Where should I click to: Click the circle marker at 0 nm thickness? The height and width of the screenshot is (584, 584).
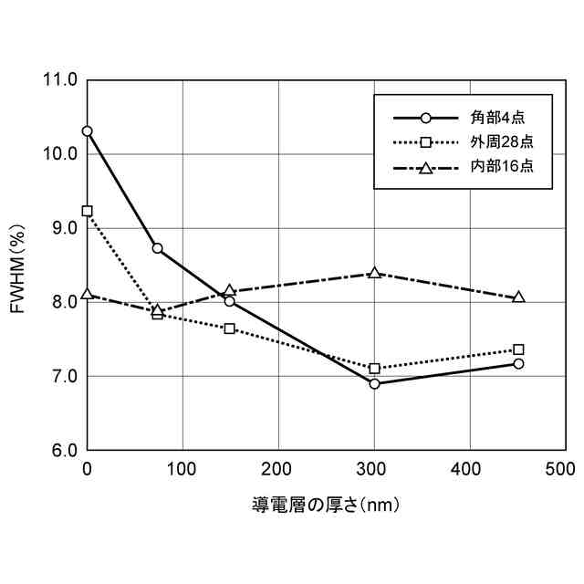point(88,131)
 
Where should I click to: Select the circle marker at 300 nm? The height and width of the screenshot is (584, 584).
point(374,383)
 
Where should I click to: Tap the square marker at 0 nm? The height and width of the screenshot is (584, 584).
point(88,211)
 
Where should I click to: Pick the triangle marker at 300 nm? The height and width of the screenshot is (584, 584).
point(374,273)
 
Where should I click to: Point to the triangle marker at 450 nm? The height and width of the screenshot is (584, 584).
point(518,297)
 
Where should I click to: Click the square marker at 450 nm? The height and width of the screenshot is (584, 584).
point(518,349)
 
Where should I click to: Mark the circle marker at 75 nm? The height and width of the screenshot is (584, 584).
point(158,248)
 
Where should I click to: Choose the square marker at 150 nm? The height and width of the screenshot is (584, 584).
point(230,328)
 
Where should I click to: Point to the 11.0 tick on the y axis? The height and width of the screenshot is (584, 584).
point(60,80)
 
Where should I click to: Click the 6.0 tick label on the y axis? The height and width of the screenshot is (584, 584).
point(60,451)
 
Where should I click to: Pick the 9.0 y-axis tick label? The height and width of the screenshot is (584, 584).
point(60,228)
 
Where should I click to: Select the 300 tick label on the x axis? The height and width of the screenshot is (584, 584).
point(374,469)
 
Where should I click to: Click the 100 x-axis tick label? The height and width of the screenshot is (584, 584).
point(182,469)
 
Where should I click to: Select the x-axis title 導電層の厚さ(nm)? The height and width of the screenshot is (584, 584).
point(326,503)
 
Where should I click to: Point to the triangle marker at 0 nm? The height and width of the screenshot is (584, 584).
point(88,294)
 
